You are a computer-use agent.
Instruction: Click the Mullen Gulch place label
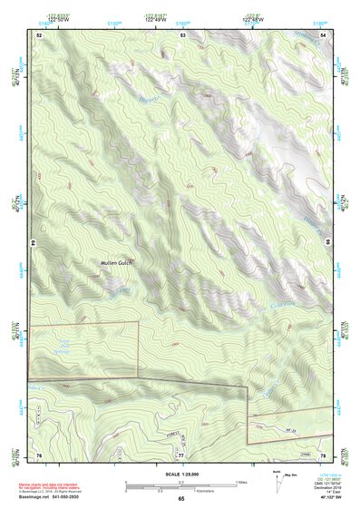pos(115,265)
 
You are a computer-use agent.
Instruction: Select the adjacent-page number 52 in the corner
pos(39,34)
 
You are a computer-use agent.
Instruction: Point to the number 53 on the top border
pos(182,34)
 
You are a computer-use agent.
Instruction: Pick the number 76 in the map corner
pos(39,454)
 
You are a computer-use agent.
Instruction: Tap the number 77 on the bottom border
pos(181,454)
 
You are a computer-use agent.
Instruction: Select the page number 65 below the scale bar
pos(181,498)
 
